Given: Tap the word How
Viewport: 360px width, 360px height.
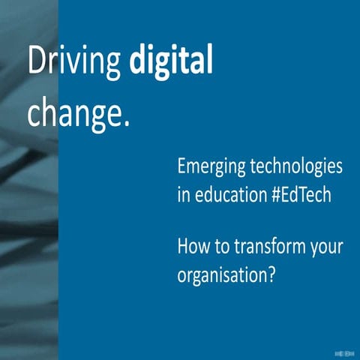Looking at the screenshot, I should coord(193,247).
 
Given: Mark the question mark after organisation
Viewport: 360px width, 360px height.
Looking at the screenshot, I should coord(273,273).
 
